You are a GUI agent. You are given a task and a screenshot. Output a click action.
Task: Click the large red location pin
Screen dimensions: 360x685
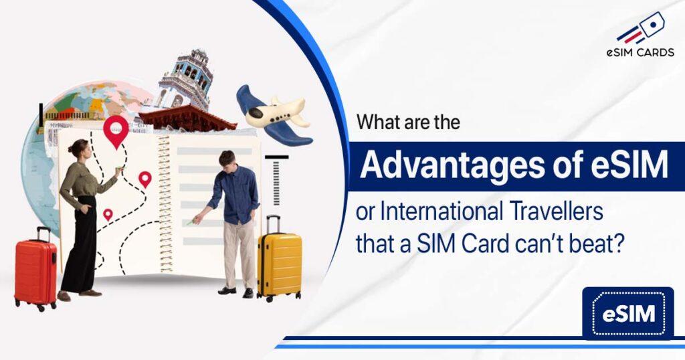(x=116, y=130)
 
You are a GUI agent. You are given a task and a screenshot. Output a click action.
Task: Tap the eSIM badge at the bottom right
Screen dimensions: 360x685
(x=628, y=313)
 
